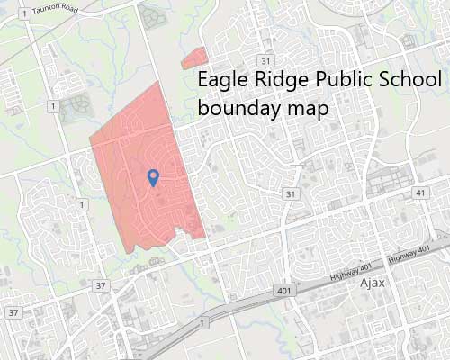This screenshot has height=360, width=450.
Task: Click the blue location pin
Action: tap(153, 176)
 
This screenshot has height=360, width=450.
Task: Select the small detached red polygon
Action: tap(193, 59)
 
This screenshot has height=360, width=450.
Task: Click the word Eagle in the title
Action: tap(221, 79)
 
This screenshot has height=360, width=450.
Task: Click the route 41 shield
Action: tap(420, 193)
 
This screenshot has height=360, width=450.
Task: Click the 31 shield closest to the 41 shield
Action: tap(290, 194)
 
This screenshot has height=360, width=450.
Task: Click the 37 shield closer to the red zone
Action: tap(101, 286)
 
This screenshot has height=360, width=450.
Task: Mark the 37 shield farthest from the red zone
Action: tap(13, 312)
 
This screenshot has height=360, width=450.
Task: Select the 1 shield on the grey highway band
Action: tap(204, 321)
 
